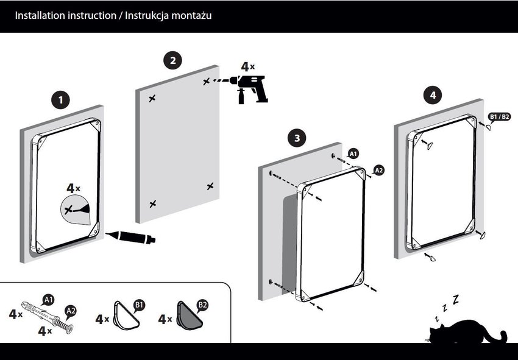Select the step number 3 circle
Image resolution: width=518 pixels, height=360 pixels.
pos(297,138)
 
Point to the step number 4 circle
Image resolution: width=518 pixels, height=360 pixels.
pos(433,96)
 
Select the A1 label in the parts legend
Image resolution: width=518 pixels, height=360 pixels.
pos(49,299)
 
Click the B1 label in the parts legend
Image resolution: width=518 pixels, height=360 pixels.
pos(139,304)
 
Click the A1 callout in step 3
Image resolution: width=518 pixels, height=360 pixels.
pos(354,154)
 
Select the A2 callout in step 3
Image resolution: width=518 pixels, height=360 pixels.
pos(378,170)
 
